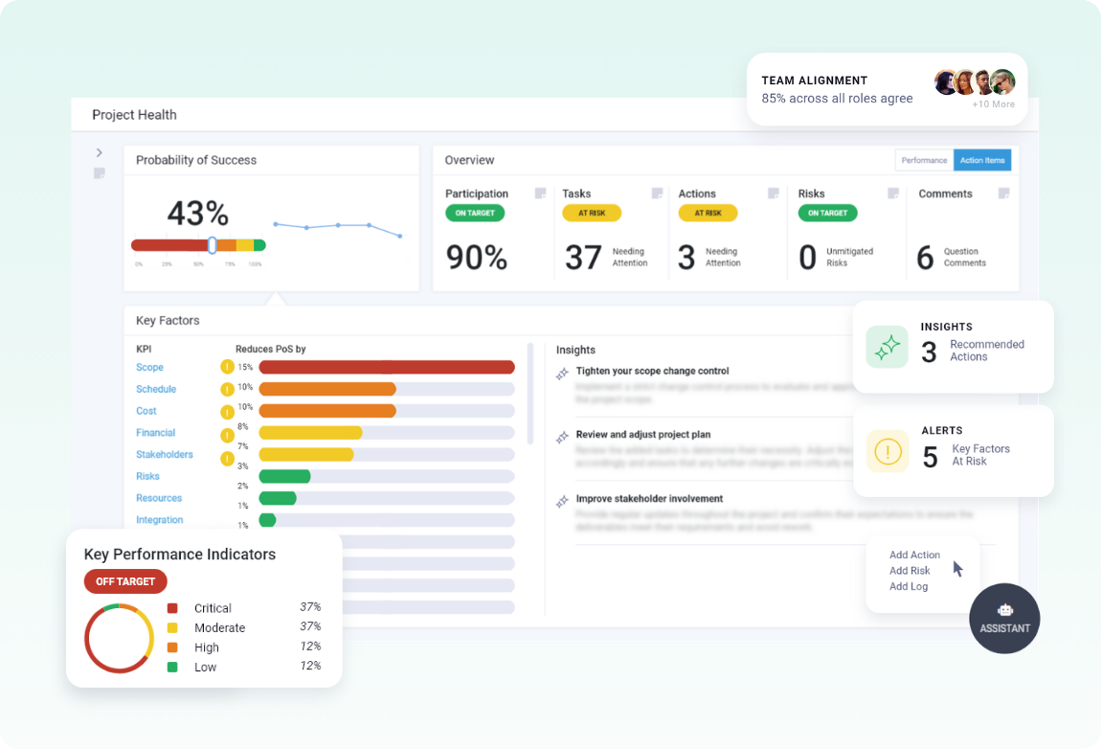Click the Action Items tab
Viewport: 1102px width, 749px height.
click(x=982, y=160)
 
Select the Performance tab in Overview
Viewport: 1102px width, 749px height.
click(x=924, y=160)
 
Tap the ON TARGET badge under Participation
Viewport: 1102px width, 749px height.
click(x=475, y=213)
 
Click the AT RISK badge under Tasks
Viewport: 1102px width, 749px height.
click(x=592, y=213)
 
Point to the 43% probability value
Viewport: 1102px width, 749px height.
click(x=197, y=213)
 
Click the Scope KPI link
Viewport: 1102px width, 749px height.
click(x=149, y=368)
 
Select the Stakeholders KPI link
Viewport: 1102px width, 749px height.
click(x=165, y=455)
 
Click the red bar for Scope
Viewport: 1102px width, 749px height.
click(x=387, y=367)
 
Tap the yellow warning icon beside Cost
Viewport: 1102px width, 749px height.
click(x=227, y=412)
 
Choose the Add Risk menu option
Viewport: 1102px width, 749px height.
click(x=910, y=571)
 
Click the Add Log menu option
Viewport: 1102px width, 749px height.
click(x=909, y=586)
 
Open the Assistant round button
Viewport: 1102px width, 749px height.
click(x=1004, y=618)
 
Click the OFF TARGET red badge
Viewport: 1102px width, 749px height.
click(x=125, y=581)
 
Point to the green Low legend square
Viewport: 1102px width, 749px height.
click(x=172, y=667)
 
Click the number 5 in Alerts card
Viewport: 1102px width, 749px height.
click(x=930, y=457)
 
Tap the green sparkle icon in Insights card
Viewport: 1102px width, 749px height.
click(x=888, y=347)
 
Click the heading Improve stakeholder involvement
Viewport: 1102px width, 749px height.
click(x=649, y=499)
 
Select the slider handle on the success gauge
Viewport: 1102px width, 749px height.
click(x=212, y=245)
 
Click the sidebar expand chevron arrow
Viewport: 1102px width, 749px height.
click(x=100, y=152)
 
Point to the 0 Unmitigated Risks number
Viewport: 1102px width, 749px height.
click(x=807, y=258)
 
